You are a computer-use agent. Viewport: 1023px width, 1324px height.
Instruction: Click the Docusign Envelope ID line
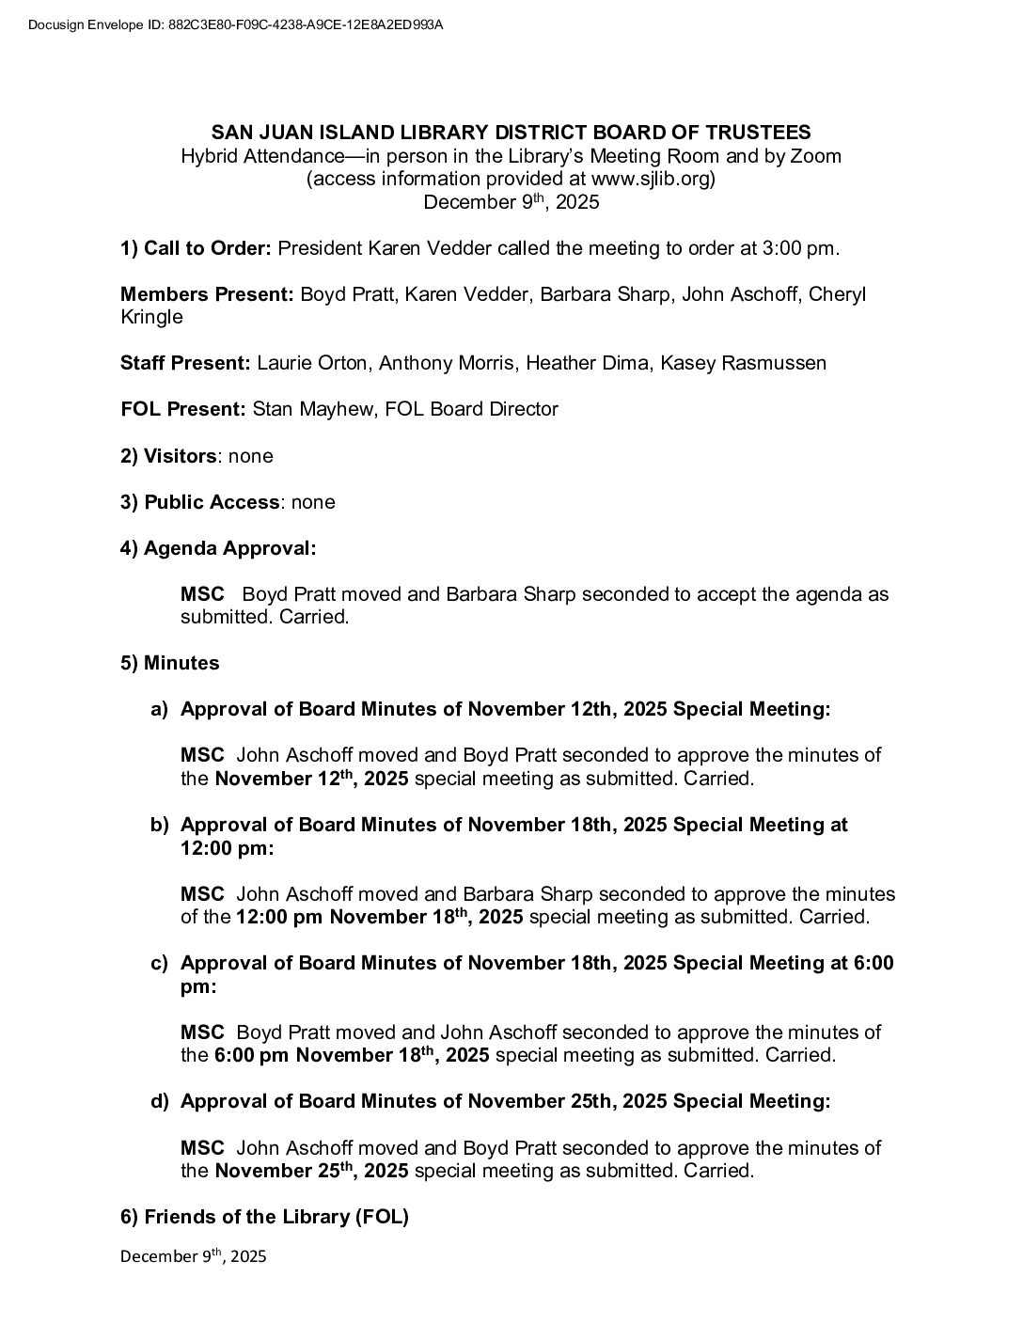(236, 24)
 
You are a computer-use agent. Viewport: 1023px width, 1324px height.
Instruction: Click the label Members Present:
(207, 294)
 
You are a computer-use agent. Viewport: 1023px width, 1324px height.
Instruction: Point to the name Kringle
(151, 317)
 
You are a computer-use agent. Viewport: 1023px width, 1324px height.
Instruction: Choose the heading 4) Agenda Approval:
(218, 548)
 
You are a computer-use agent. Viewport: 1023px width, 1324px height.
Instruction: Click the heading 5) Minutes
(169, 663)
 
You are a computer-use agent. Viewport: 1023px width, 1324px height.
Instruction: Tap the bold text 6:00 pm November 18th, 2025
(352, 1055)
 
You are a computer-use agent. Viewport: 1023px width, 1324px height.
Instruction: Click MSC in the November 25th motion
(202, 1147)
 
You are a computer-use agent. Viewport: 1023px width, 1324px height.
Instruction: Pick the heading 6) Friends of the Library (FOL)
(264, 1217)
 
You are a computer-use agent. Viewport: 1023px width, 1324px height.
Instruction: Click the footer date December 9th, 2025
(194, 1255)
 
